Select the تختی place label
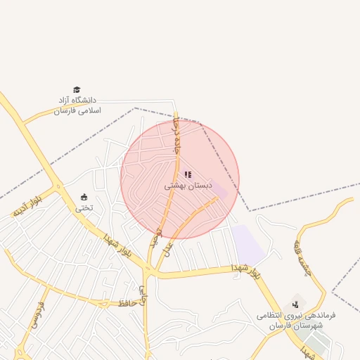point(84,207)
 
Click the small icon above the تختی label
point(84,197)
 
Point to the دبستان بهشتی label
point(188,186)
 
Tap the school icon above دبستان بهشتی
point(188,174)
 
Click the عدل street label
point(168,249)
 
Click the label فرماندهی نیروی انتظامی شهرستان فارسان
point(295,321)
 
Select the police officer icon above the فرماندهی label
point(295,304)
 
